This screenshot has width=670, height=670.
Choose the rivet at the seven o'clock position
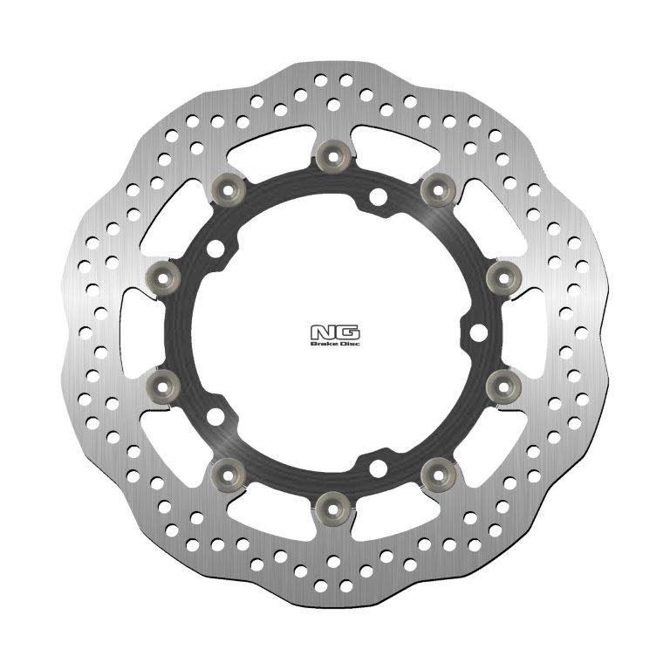(x=226, y=472)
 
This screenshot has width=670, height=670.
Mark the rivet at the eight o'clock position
(x=163, y=381)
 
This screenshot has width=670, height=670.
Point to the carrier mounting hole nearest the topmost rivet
(x=377, y=197)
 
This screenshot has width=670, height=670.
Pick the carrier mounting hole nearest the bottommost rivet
(x=377, y=467)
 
